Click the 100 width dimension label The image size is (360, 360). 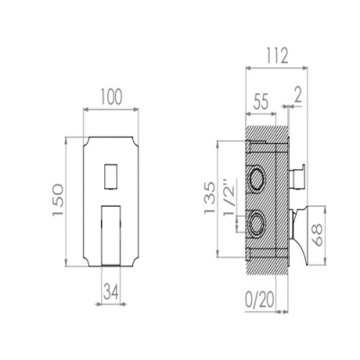[111, 97]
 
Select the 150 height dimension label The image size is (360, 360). [58, 200]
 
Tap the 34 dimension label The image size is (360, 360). [111, 292]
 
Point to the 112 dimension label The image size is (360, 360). [276, 56]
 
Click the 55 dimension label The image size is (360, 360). [261, 102]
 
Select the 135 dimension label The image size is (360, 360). [210, 197]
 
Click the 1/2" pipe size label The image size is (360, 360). [229, 197]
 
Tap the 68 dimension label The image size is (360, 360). [317, 235]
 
